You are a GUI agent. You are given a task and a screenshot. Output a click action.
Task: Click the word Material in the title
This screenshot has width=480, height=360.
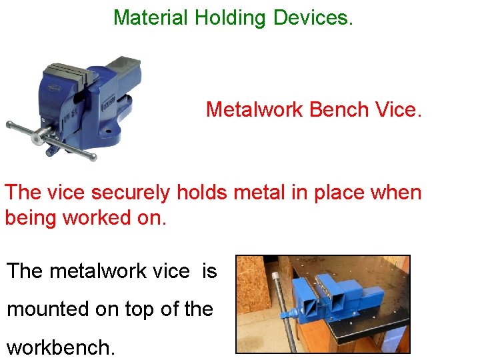151,17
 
